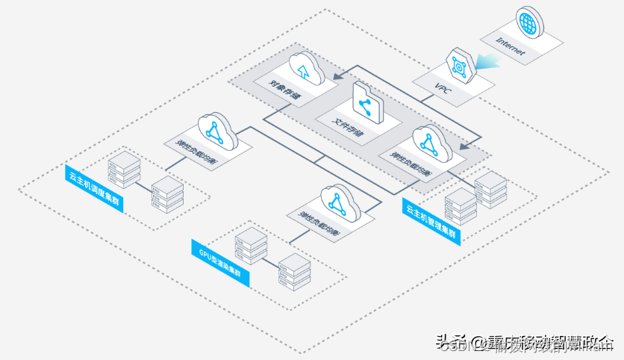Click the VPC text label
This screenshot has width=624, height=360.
[x=443, y=87]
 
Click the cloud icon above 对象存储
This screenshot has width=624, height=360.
[x=303, y=69]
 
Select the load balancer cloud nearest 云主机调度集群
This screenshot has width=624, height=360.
[x=216, y=131]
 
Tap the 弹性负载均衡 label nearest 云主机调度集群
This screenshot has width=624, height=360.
[x=196, y=152]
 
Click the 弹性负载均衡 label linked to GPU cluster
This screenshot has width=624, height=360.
[x=316, y=223]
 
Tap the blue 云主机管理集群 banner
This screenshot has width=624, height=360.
[x=431, y=220]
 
